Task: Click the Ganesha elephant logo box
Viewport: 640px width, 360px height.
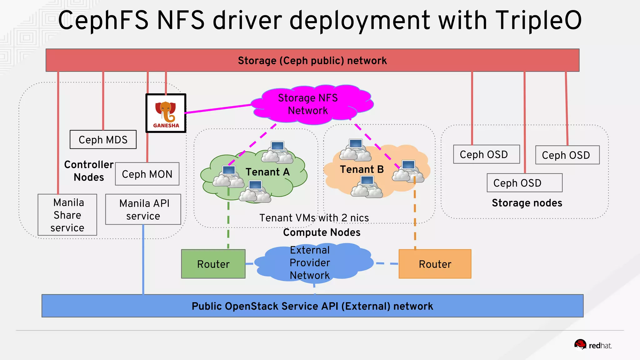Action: click(166, 113)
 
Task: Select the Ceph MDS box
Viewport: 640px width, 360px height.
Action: click(103, 139)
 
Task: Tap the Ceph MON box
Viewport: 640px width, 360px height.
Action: click(147, 174)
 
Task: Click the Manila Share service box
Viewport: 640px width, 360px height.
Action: click(67, 215)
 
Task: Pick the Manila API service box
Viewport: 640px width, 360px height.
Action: click(143, 209)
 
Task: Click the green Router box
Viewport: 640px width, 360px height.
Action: click(213, 264)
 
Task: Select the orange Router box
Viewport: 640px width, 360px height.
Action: click(435, 264)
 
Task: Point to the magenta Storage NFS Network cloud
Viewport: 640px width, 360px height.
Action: click(308, 104)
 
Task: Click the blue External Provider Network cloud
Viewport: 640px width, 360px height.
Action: click(309, 263)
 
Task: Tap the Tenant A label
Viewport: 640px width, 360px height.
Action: click(267, 172)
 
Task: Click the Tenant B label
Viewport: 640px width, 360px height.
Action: click(362, 169)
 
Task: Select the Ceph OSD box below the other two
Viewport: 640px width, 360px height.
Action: click(524, 183)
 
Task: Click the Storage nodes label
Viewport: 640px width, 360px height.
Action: click(527, 203)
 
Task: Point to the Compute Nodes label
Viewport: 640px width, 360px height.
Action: click(322, 232)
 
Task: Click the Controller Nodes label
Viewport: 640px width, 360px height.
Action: click(89, 171)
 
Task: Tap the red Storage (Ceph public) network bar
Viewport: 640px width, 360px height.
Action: click(312, 60)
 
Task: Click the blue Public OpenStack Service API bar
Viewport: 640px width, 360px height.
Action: click(312, 306)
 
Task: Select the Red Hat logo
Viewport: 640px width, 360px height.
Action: click(593, 345)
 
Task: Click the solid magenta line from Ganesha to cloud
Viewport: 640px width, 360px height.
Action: click(219, 109)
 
